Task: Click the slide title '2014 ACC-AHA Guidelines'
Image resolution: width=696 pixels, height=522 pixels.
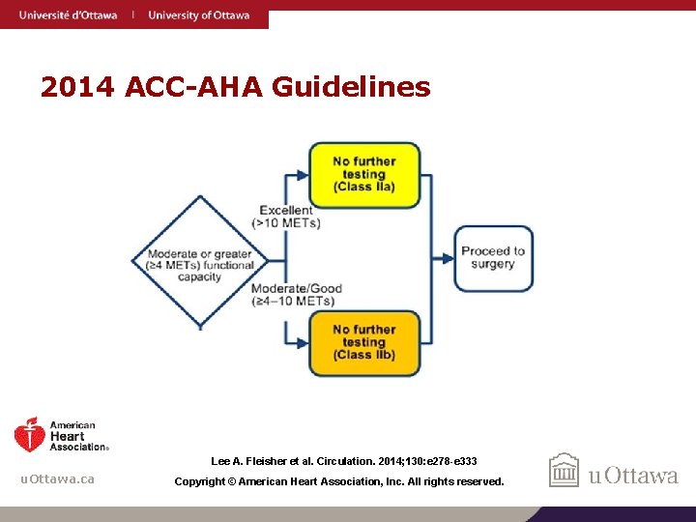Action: (235, 88)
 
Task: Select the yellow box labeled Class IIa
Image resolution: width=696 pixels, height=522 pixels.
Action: (363, 175)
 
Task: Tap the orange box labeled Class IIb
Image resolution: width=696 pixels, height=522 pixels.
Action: (363, 342)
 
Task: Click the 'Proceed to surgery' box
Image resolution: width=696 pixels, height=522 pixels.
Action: (493, 258)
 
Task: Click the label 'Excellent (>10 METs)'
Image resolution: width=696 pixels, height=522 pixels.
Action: (285, 217)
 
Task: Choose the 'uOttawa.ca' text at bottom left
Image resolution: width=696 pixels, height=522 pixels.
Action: (58, 479)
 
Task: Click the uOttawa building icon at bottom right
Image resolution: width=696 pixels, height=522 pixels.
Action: (564, 471)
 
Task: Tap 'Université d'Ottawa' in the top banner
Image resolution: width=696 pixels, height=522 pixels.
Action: (68, 14)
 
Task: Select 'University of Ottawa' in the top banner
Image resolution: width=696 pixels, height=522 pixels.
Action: (198, 14)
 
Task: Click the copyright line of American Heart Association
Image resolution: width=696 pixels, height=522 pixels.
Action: (338, 481)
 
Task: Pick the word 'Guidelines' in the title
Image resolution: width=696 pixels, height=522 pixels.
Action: (351, 88)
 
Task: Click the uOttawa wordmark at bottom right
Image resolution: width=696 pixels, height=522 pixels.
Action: (633, 475)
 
